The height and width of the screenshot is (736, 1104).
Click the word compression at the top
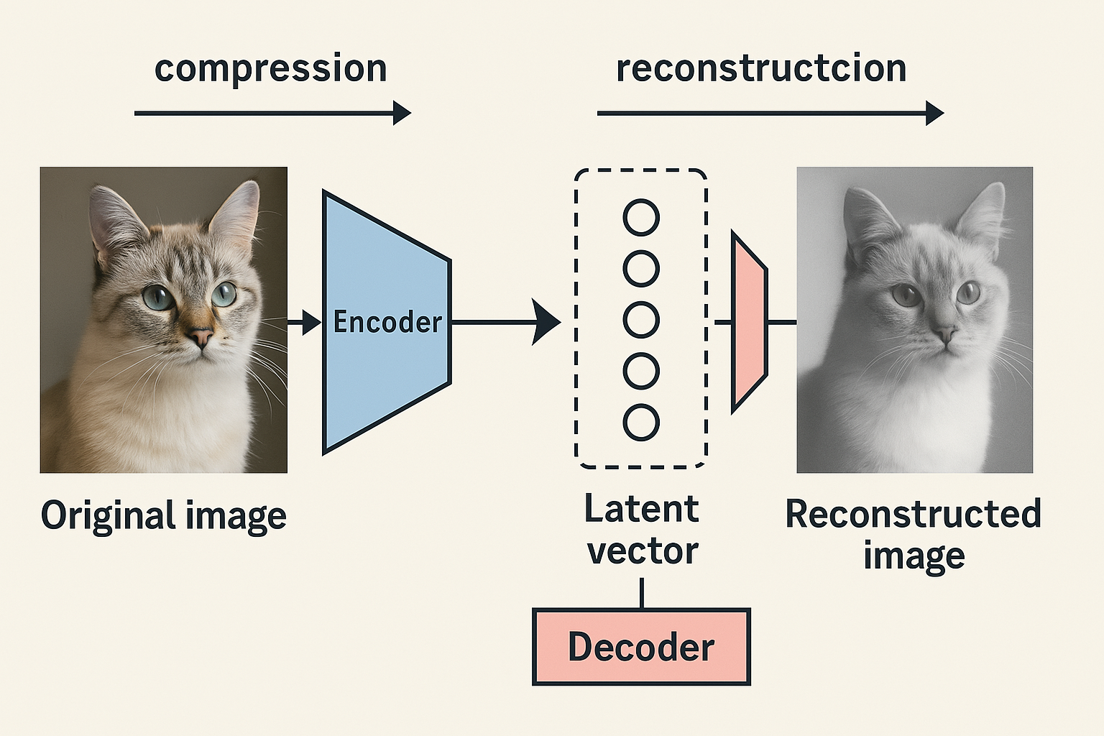270,70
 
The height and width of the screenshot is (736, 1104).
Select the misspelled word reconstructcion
760,68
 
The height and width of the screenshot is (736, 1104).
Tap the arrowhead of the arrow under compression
402,113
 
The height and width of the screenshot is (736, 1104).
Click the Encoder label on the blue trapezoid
387,322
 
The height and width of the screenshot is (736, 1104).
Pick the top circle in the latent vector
641,217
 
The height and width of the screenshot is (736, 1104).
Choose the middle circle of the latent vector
641,320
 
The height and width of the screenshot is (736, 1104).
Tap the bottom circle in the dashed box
641,423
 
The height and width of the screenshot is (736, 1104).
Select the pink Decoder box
641,647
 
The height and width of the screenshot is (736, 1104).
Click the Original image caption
164,516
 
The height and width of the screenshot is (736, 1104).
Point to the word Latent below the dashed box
641,509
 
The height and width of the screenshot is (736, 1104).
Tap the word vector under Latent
643,552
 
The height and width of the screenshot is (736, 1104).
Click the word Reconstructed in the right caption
913,515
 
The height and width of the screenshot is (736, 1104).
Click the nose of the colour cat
201,336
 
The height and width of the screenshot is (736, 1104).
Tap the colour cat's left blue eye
157,296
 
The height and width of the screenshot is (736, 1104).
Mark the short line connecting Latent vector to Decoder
641,592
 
